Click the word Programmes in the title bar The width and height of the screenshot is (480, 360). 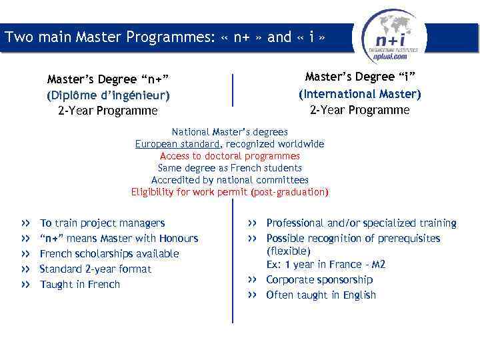point(173,37)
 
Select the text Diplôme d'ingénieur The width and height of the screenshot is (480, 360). point(108,95)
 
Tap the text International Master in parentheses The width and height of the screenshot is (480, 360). point(360,94)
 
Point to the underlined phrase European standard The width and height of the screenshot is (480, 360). point(177,144)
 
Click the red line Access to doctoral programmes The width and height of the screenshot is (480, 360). point(230,156)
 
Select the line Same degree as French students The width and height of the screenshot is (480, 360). point(230,168)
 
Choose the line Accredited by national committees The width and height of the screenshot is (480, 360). point(230,180)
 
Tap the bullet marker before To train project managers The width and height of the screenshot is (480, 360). point(25,223)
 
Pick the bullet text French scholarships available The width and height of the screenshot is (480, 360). point(109,254)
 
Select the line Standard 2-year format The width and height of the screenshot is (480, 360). point(95,269)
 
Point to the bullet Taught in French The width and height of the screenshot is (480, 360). point(80,285)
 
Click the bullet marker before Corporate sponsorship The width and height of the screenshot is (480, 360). point(252,280)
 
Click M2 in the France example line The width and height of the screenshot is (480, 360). point(378,265)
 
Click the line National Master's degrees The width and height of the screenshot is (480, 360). point(230,132)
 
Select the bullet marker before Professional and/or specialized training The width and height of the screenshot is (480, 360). point(252,223)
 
